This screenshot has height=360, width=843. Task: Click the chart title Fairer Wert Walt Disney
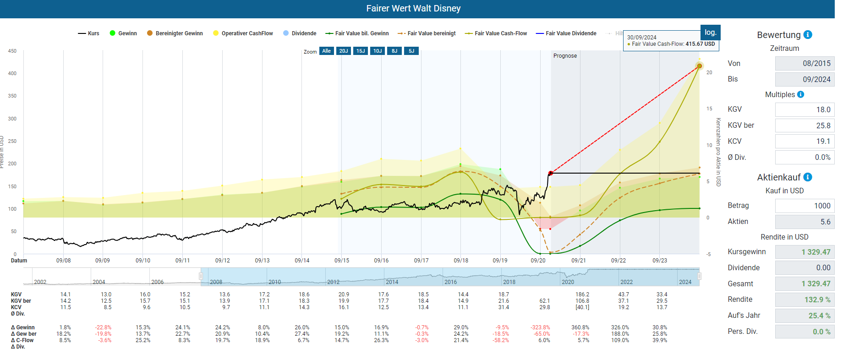click(x=413, y=9)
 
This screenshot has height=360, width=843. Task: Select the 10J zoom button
click(x=378, y=51)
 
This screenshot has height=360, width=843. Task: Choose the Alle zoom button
click(x=326, y=51)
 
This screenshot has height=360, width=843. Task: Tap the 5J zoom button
click(x=411, y=51)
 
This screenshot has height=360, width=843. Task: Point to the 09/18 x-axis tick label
click(x=461, y=261)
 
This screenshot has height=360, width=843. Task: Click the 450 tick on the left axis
click(x=12, y=51)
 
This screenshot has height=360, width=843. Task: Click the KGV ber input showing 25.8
click(x=805, y=125)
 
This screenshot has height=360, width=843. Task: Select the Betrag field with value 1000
click(x=805, y=206)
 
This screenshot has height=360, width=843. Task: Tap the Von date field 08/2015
click(x=805, y=63)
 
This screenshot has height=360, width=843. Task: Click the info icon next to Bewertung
click(x=808, y=35)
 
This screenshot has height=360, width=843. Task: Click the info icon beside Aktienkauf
click(x=808, y=177)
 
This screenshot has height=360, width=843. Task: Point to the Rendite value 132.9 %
click(x=805, y=300)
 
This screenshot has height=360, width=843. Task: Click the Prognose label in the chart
click(x=565, y=56)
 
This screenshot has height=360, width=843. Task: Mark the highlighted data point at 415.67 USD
click(x=699, y=66)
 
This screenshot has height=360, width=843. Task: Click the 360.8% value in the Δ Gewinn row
click(x=580, y=327)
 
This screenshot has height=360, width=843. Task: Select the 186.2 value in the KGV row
click(x=582, y=295)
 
